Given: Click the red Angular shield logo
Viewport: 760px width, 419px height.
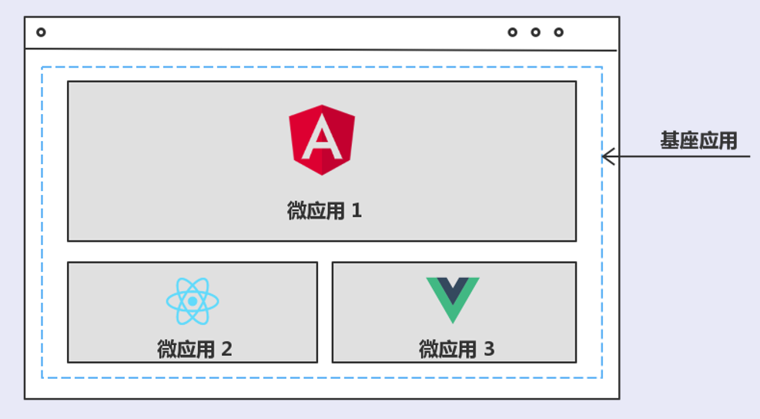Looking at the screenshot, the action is (x=322, y=139).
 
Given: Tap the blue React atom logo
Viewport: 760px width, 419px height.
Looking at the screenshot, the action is (x=193, y=300).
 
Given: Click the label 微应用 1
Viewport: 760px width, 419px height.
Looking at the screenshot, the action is (x=324, y=211).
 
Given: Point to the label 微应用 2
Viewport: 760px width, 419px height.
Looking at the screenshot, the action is (x=195, y=349).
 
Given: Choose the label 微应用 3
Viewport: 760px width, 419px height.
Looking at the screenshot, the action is (x=457, y=349).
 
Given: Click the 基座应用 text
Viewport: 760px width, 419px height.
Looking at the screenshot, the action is (x=698, y=141).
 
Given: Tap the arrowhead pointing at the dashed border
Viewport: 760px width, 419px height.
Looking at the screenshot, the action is (x=607, y=157).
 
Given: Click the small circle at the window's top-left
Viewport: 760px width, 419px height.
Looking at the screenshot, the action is (x=41, y=32).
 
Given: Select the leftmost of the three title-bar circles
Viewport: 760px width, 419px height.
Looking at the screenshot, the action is (x=512, y=32).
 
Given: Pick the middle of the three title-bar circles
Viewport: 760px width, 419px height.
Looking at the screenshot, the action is (x=535, y=32).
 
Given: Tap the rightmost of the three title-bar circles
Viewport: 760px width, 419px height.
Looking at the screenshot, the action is (x=558, y=32).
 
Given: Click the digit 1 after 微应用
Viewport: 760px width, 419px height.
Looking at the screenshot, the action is (x=357, y=211).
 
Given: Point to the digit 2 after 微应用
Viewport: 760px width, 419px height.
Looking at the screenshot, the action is (x=226, y=349).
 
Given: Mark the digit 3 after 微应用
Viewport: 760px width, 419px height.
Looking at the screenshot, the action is (x=489, y=349).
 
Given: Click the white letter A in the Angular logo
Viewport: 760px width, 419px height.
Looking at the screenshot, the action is (x=322, y=139).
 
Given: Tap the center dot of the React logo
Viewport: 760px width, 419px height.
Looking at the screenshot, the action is (x=193, y=300).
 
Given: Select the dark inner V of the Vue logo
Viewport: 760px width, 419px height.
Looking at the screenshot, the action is (x=453, y=290).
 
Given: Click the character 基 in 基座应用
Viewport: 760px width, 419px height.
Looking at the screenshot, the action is (x=670, y=141).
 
